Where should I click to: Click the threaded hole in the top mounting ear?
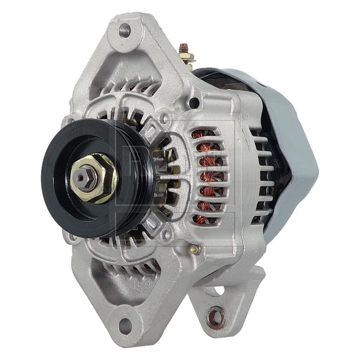[x=124, y=30]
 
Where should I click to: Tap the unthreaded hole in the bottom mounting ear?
[x=125, y=326]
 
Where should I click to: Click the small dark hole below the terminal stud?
[x=194, y=102]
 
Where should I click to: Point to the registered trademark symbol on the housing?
[x=245, y=115]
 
